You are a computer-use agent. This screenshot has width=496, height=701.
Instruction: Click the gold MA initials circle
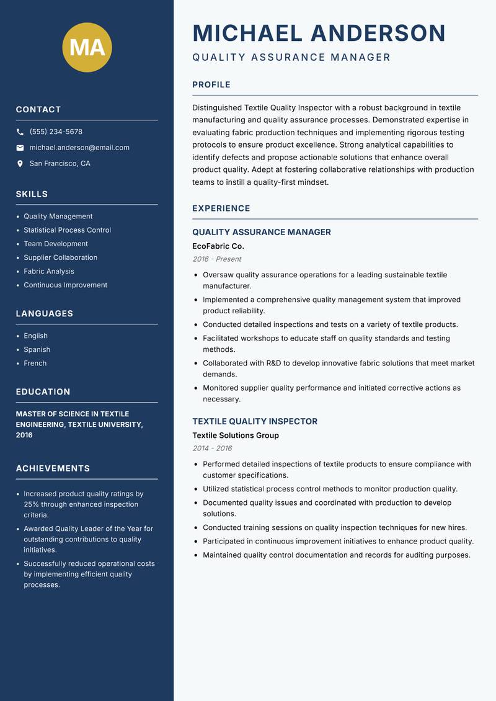pyautogui.click(x=87, y=48)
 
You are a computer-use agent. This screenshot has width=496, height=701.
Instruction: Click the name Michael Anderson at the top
pyautogui.click(x=319, y=33)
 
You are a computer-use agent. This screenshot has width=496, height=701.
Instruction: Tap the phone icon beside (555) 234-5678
pyautogui.click(x=20, y=132)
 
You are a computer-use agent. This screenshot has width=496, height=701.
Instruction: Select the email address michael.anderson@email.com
pyautogui.click(x=79, y=148)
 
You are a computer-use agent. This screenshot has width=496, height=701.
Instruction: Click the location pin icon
pyautogui.click(x=20, y=164)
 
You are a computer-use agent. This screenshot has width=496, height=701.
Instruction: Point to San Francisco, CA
pyautogui.click(x=60, y=164)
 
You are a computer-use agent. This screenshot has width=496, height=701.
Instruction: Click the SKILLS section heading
pyautogui.click(x=32, y=194)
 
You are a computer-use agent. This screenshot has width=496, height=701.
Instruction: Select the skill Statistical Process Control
pyautogui.click(x=67, y=230)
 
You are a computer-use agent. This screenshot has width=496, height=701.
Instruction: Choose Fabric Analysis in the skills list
pyautogui.click(x=48, y=271)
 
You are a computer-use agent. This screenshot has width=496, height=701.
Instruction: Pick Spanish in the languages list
pyautogui.click(x=37, y=350)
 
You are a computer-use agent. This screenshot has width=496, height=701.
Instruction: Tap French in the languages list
pyautogui.click(x=35, y=364)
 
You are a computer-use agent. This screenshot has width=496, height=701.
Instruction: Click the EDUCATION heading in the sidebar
pyautogui.click(x=43, y=392)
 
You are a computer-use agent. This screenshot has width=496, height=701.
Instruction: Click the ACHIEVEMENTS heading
pyautogui.click(x=53, y=468)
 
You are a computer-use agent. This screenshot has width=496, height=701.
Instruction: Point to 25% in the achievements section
pyautogui.click(x=32, y=504)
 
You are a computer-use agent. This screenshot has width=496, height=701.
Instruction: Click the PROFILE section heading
pyautogui.click(x=211, y=85)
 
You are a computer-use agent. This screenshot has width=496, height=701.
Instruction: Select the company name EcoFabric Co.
pyautogui.click(x=218, y=246)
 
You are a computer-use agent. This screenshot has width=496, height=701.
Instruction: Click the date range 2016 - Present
pyautogui.click(x=216, y=259)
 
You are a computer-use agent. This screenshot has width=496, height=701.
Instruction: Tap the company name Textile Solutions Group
pyautogui.click(x=235, y=435)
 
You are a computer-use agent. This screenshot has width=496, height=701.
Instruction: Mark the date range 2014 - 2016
pyautogui.click(x=211, y=449)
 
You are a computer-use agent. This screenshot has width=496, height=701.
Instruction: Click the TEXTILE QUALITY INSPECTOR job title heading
pyautogui.click(x=254, y=421)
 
